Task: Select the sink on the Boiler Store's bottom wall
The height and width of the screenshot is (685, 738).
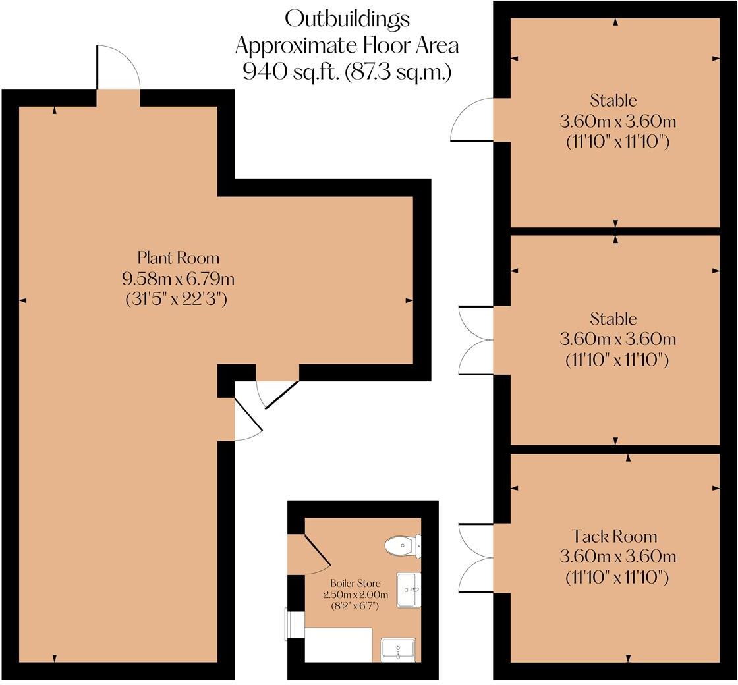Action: point(398,649)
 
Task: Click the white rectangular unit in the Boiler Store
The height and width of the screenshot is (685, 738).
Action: point(338,644)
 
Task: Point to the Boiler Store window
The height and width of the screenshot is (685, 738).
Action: point(287,624)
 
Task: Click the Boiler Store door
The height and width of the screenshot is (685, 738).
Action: point(314,555)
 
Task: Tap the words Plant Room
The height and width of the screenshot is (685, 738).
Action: point(178,257)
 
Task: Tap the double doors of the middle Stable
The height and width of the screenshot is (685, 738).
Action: point(474,340)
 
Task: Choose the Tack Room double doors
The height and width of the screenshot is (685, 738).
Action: point(474,557)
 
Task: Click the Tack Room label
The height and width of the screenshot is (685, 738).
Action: point(613,536)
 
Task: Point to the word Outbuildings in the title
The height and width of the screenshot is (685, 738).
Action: point(347,18)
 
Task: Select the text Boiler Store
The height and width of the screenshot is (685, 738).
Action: point(355,583)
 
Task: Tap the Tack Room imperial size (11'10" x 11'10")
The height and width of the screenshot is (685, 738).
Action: point(617,578)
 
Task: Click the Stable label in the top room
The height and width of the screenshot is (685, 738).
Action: point(613,101)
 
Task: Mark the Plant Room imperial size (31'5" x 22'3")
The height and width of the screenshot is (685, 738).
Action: point(177,298)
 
